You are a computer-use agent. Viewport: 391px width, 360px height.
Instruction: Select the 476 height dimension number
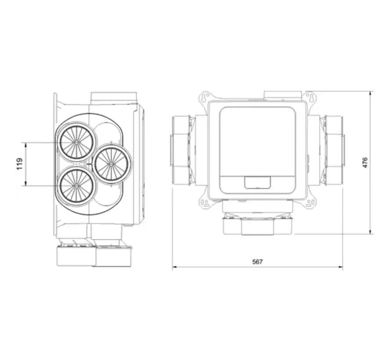click(365, 162)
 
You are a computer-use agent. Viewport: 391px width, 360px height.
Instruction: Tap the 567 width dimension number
click(257, 262)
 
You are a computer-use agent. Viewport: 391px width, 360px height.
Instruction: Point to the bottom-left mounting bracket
click(204, 202)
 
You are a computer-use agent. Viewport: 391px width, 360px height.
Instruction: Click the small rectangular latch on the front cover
click(257, 182)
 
